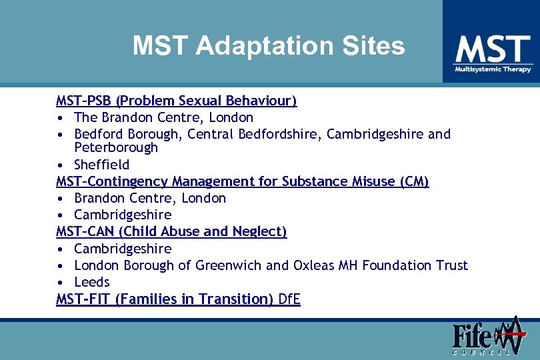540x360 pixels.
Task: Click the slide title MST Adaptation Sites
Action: (268, 46)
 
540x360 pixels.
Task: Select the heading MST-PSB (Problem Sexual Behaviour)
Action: (176, 101)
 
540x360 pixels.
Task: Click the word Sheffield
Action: (101, 164)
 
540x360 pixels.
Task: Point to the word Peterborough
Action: (116, 147)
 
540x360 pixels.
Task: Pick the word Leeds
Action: (91, 282)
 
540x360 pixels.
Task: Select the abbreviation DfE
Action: (289, 299)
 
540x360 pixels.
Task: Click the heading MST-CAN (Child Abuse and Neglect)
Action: (171, 231)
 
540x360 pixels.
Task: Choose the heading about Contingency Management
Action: (242, 181)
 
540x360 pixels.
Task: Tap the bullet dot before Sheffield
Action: (60, 165)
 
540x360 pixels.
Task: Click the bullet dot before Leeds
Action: (60, 283)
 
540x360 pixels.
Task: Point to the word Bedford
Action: (97, 134)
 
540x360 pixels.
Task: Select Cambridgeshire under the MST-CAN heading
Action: (123, 249)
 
